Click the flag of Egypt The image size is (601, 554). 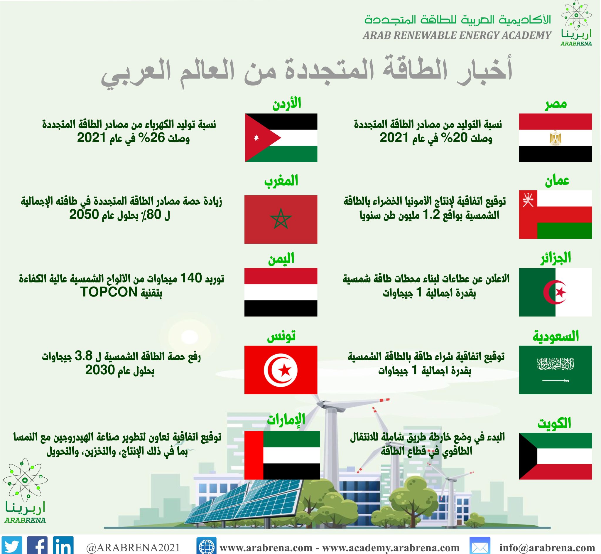pos(555,138)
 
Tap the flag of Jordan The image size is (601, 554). pos(281,138)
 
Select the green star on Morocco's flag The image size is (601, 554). pos(281,219)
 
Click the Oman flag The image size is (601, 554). pos(555,214)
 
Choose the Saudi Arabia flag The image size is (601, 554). pos(555,370)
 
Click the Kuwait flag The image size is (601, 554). pos(555,456)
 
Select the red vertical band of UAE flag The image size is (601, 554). pos(254,455)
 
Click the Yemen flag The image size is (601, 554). pos(281,292)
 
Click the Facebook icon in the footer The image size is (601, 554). pos(37,545)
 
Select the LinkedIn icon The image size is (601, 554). pos(63,545)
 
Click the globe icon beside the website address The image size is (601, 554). pos(206,545)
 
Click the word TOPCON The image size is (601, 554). pos(109,292)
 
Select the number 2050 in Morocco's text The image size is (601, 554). pos(84,215)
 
